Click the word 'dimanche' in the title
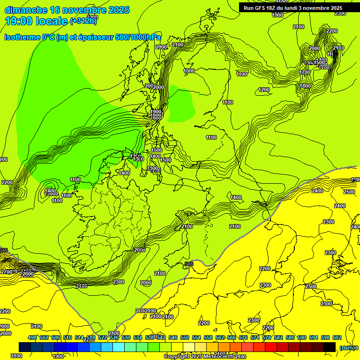coord(26,10)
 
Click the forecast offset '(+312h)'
coord(83,21)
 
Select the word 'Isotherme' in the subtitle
coord(22,37)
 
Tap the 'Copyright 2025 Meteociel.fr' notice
coord(199,357)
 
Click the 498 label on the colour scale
coord(32,337)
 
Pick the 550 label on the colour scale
coord(185,337)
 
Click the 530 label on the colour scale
coord(126,337)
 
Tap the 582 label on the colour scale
coord(278,337)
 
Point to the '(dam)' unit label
coord(347,348)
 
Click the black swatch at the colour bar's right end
coord(330,347)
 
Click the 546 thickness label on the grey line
coord(189,264)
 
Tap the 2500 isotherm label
coord(349,192)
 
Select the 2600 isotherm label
coord(28,274)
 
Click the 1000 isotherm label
coord(189,71)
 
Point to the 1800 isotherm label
coord(305,86)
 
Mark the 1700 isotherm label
coord(305,72)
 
